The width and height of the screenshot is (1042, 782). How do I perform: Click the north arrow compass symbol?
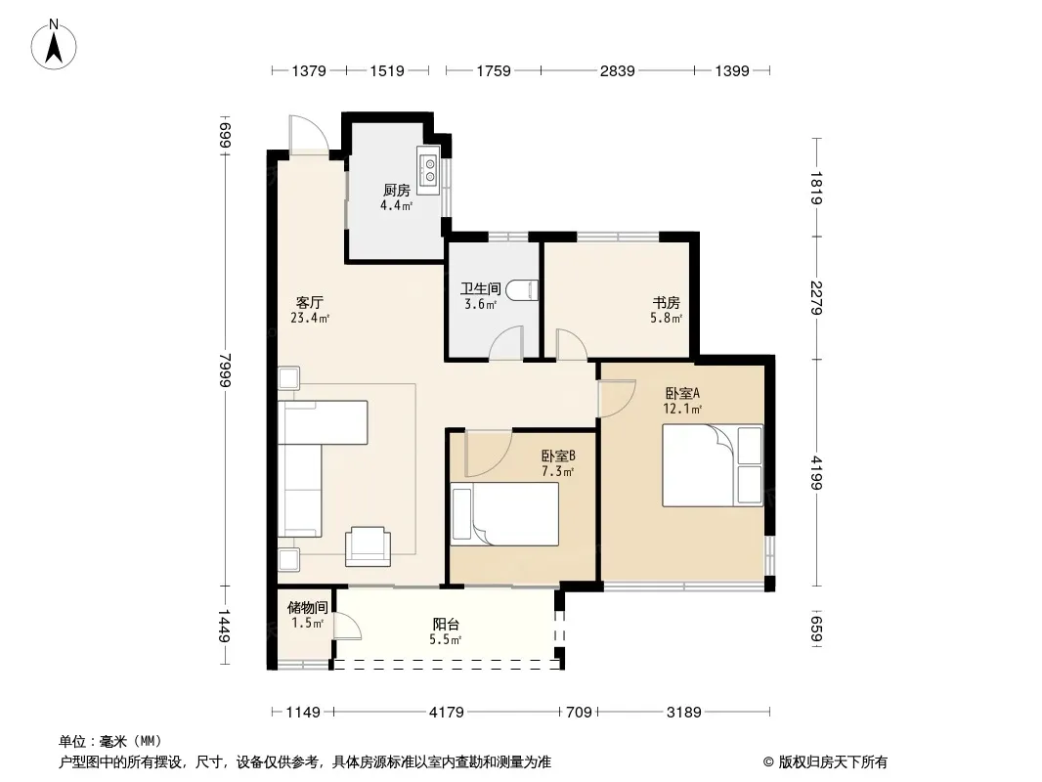54,45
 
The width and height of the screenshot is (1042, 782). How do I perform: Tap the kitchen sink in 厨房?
429,169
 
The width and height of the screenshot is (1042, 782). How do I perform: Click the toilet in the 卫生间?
522,290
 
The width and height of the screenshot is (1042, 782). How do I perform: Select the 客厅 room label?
310,302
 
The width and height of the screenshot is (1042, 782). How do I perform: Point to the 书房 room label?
666,303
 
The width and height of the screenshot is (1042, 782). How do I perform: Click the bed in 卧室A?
713,465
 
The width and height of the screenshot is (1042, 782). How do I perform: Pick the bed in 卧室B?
505,513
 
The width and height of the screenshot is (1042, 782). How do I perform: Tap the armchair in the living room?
368,546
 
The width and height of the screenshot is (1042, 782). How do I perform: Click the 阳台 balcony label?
446,624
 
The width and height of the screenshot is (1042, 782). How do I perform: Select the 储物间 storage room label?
307,607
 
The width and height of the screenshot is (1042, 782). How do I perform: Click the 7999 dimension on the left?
226,369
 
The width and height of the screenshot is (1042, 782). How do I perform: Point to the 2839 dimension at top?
618,70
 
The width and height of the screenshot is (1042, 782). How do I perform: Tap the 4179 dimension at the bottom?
446,713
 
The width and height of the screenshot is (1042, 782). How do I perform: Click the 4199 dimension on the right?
817,472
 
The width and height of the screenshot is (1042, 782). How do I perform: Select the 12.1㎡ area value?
682,409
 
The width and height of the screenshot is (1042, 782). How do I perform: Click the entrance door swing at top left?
309,136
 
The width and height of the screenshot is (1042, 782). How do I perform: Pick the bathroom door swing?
507,343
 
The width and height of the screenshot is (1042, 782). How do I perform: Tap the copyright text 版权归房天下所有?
833,762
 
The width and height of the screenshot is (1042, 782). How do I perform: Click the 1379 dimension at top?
309,70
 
